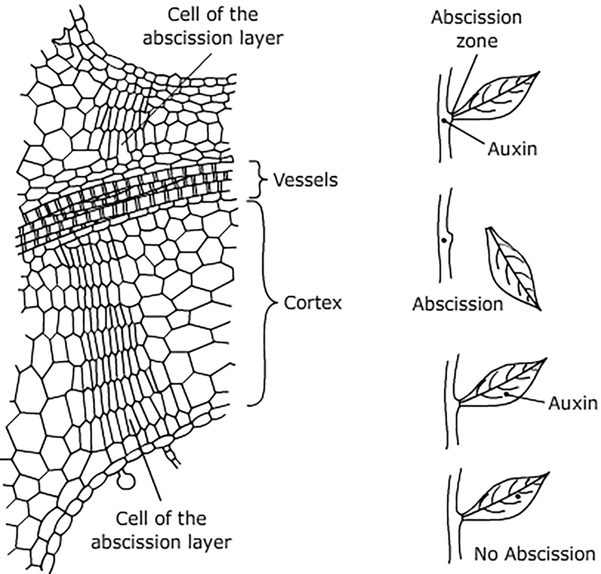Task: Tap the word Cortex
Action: (x=313, y=304)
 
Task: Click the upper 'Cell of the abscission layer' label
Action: (x=214, y=25)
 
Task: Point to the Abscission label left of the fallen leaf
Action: (x=457, y=304)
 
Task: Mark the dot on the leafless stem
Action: (x=443, y=240)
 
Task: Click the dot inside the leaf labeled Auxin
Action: (x=506, y=394)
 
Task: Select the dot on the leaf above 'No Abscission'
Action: (x=517, y=496)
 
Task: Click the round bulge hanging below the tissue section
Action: (x=126, y=481)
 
